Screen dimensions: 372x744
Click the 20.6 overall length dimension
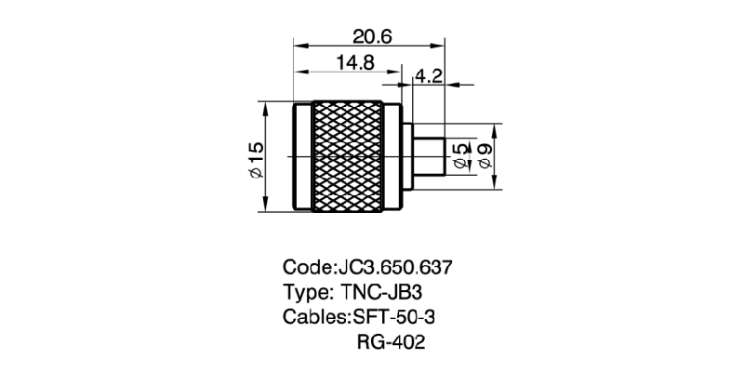372,35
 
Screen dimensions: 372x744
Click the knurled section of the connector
347,158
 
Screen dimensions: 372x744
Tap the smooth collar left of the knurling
302,158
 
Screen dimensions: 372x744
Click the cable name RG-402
391,342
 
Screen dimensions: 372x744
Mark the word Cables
312,316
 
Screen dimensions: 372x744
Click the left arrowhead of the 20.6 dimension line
298,43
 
